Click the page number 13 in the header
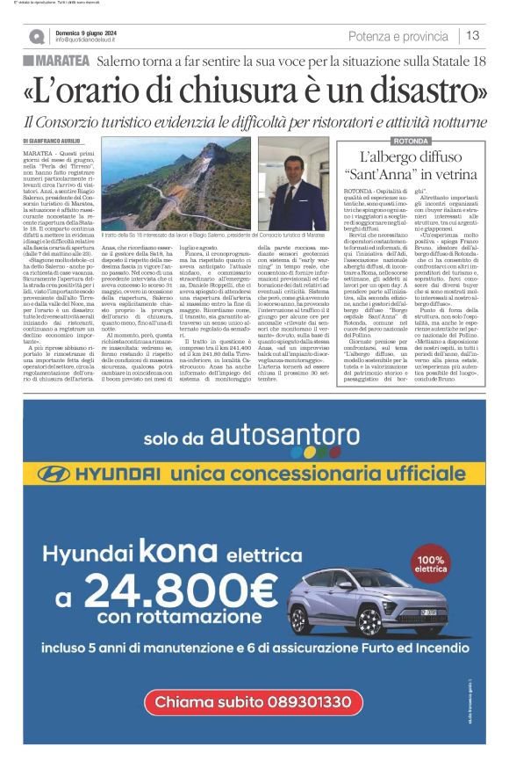tap(473, 35)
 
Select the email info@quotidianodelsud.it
tap(92, 40)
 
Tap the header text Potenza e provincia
tap(398, 36)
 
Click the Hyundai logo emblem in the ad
tap(56, 475)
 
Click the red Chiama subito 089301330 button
tap(254, 727)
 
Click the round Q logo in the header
tap(36, 36)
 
